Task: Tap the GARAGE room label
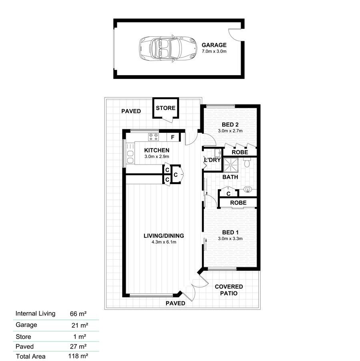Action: click(x=214, y=45)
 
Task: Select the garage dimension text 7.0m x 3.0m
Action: click(x=214, y=52)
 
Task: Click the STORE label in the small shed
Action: click(x=165, y=108)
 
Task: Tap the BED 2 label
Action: click(x=230, y=124)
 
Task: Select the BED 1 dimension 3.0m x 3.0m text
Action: click(x=230, y=239)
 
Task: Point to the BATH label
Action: click(x=230, y=176)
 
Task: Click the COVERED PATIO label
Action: click(x=229, y=290)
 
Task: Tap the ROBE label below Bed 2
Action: click(x=239, y=152)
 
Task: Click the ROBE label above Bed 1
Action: click(x=238, y=203)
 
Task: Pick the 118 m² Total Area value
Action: click(x=78, y=356)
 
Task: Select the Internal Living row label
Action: click(x=35, y=313)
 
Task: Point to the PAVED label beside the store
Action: click(x=131, y=111)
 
